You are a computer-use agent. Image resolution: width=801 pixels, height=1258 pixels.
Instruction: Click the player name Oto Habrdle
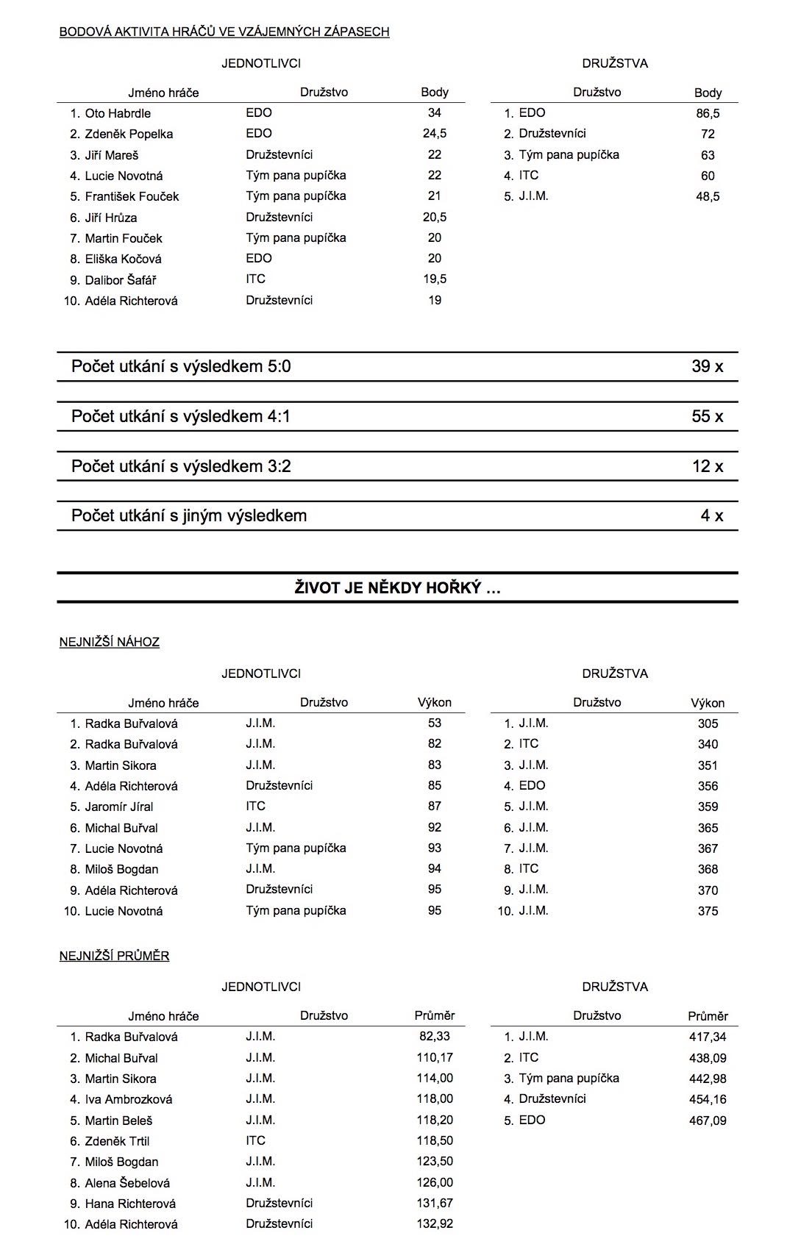click(118, 113)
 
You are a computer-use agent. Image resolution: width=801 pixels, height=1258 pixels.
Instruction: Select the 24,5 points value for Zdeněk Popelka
click(435, 134)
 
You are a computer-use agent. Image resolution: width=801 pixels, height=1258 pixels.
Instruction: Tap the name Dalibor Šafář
click(121, 280)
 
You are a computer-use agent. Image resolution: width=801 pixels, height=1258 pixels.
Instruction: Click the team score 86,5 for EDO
click(708, 113)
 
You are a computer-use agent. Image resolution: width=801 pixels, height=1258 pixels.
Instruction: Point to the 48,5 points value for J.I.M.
click(708, 196)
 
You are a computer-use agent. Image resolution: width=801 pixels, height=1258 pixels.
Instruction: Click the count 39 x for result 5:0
click(707, 366)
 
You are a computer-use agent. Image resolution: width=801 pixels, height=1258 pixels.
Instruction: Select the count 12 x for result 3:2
click(707, 466)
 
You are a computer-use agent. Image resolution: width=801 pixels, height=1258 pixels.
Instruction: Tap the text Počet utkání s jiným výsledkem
click(189, 515)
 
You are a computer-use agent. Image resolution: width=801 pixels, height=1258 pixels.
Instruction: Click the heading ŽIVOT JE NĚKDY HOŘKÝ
click(397, 587)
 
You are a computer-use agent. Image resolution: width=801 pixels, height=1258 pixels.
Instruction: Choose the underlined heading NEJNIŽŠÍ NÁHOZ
click(110, 642)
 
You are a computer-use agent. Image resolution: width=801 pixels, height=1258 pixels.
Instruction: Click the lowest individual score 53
click(435, 723)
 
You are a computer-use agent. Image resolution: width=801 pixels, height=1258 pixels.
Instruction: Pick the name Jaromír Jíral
click(119, 807)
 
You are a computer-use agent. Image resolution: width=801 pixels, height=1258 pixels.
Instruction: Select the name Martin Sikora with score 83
click(121, 765)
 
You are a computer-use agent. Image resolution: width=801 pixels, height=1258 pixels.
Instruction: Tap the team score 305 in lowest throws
click(708, 723)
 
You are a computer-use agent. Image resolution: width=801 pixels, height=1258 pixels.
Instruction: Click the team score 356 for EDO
click(708, 786)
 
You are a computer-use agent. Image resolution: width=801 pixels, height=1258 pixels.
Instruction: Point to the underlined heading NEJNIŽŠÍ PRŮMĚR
click(115, 956)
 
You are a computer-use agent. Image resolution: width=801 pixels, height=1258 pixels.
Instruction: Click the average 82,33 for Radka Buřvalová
click(435, 1036)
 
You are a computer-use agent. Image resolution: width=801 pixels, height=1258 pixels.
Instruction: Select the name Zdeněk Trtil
click(117, 1141)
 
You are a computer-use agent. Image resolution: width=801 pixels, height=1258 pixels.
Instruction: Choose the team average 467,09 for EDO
click(708, 1121)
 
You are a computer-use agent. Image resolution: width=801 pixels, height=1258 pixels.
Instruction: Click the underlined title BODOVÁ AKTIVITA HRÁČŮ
click(224, 32)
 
